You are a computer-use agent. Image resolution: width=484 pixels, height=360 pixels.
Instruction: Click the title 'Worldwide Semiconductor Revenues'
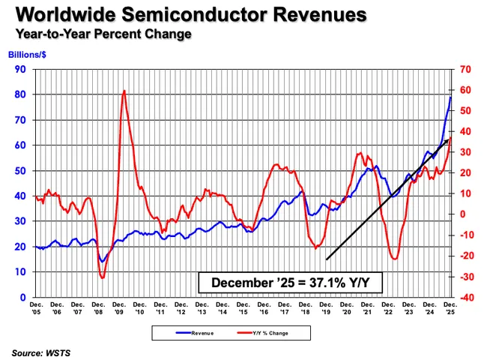pyautogui.click(x=187, y=15)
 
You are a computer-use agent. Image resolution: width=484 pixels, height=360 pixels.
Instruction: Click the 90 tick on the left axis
pyautogui.click(x=20, y=69)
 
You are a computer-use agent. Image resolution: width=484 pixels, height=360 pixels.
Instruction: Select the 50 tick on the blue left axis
pyautogui.click(x=20, y=170)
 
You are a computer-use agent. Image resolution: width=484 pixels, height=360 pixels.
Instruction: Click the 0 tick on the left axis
pyautogui.click(x=22, y=297)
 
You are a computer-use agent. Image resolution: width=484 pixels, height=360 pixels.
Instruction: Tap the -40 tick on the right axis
pyautogui.click(x=465, y=297)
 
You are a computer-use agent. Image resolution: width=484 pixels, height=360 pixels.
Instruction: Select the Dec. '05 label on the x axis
pyautogui.click(x=36, y=307)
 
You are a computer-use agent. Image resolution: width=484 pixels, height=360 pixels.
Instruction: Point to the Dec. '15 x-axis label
pyautogui.click(x=243, y=307)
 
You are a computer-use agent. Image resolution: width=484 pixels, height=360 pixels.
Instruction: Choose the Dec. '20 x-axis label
pyautogui.click(x=346, y=307)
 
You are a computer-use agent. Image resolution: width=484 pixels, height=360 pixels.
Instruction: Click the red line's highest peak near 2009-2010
pyautogui.click(x=124, y=91)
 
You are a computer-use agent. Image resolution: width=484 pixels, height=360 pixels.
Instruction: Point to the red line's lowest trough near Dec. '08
pyautogui.click(x=102, y=277)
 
